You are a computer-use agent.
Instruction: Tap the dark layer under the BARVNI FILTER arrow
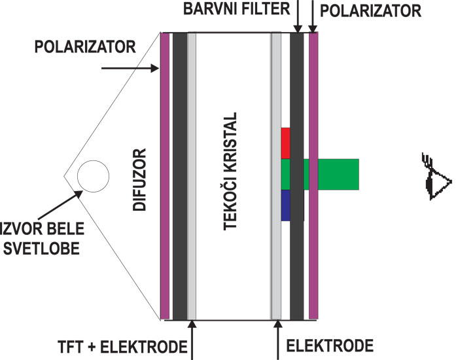pos(297,98)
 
